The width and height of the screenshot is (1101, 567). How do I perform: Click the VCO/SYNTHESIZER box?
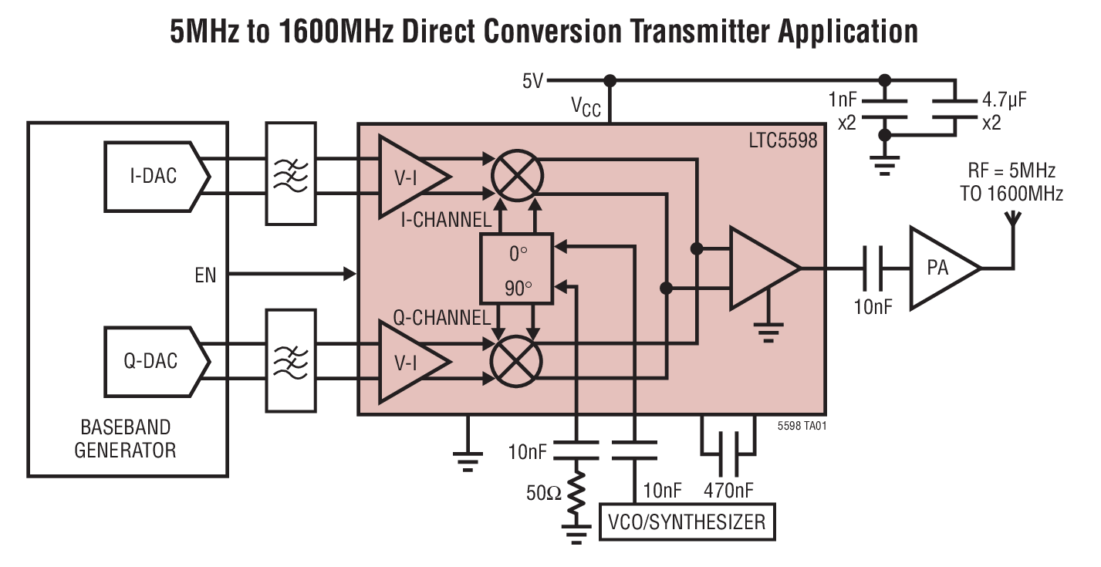click(x=687, y=522)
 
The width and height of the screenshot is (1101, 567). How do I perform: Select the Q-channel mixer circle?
click(x=516, y=361)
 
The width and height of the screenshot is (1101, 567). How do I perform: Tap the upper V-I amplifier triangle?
click(x=409, y=176)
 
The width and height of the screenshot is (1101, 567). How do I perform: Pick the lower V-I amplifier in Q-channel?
click(x=409, y=361)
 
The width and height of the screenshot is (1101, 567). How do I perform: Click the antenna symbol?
click(x=1012, y=224)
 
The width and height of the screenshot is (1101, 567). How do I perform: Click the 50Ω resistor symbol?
click(x=577, y=494)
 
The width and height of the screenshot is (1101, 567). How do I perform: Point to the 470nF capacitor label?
click(x=728, y=491)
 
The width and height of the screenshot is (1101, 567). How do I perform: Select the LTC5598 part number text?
click(x=782, y=141)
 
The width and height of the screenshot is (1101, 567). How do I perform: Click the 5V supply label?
click(x=532, y=81)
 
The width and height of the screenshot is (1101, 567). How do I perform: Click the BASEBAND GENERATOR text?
click(x=125, y=438)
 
